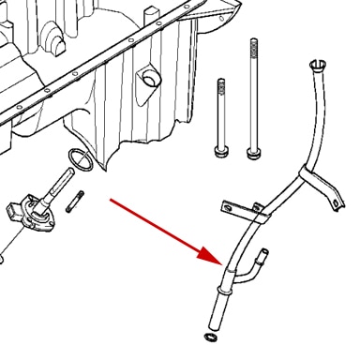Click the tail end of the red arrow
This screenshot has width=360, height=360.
(112, 199)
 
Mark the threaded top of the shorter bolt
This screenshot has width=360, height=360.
(221, 89)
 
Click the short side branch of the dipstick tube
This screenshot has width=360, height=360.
(262, 256)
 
